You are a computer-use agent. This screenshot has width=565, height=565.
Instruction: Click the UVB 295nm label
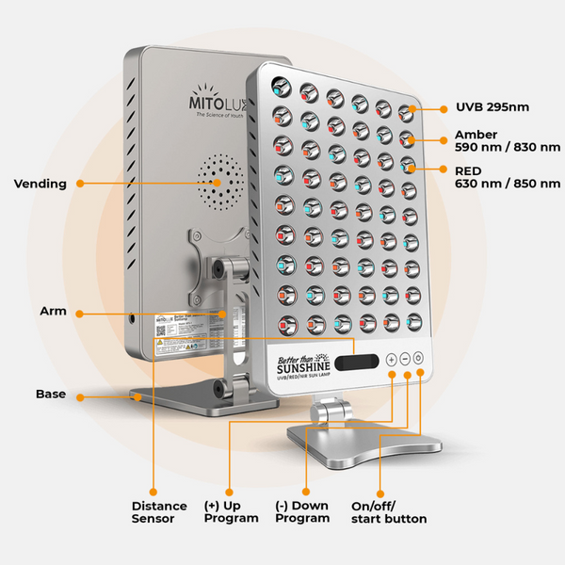tap(492, 107)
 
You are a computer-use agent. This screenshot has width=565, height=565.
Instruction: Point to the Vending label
tap(40, 184)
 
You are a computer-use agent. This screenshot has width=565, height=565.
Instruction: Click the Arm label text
tap(52, 311)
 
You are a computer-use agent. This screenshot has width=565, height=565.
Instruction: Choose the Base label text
tap(51, 394)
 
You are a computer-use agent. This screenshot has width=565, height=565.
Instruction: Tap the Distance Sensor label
tap(153, 512)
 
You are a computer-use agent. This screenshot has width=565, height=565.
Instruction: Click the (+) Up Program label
tap(231, 512)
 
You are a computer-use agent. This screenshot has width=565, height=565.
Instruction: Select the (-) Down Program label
tap(302, 512)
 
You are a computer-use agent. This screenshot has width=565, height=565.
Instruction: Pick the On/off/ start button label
tap(388, 512)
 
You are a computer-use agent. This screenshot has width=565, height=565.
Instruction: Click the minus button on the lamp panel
tap(405, 359)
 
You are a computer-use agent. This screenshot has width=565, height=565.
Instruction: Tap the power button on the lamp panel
tap(418, 359)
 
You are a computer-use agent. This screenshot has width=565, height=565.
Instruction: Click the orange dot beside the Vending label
tap(79, 184)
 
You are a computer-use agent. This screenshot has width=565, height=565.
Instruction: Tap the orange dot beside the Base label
tap(79, 397)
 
